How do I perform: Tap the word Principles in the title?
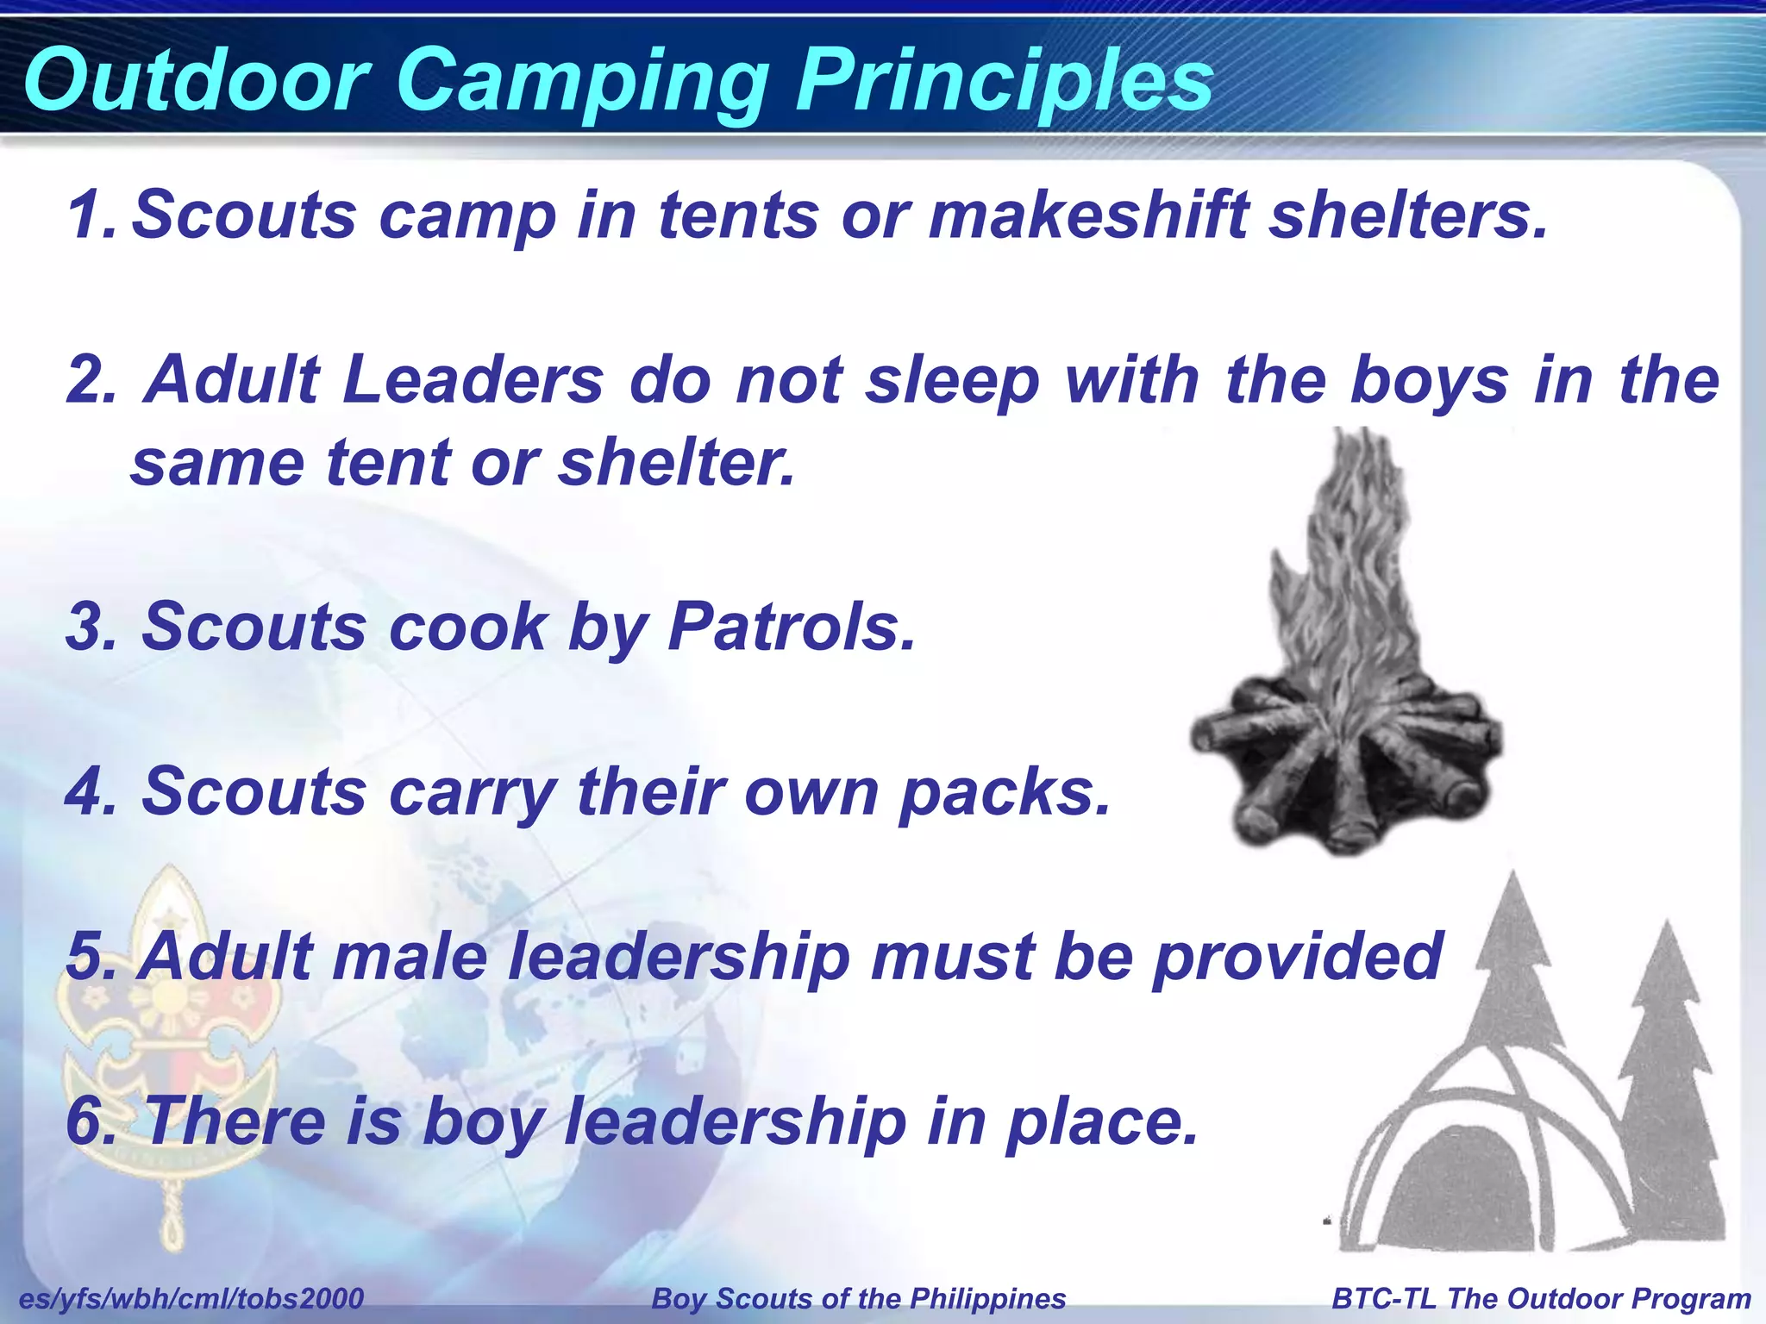(1003, 82)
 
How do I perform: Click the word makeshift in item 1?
(1088, 215)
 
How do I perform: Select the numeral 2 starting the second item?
(91, 380)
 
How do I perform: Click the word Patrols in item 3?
(790, 627)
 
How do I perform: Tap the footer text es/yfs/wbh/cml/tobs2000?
(191, 1298)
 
